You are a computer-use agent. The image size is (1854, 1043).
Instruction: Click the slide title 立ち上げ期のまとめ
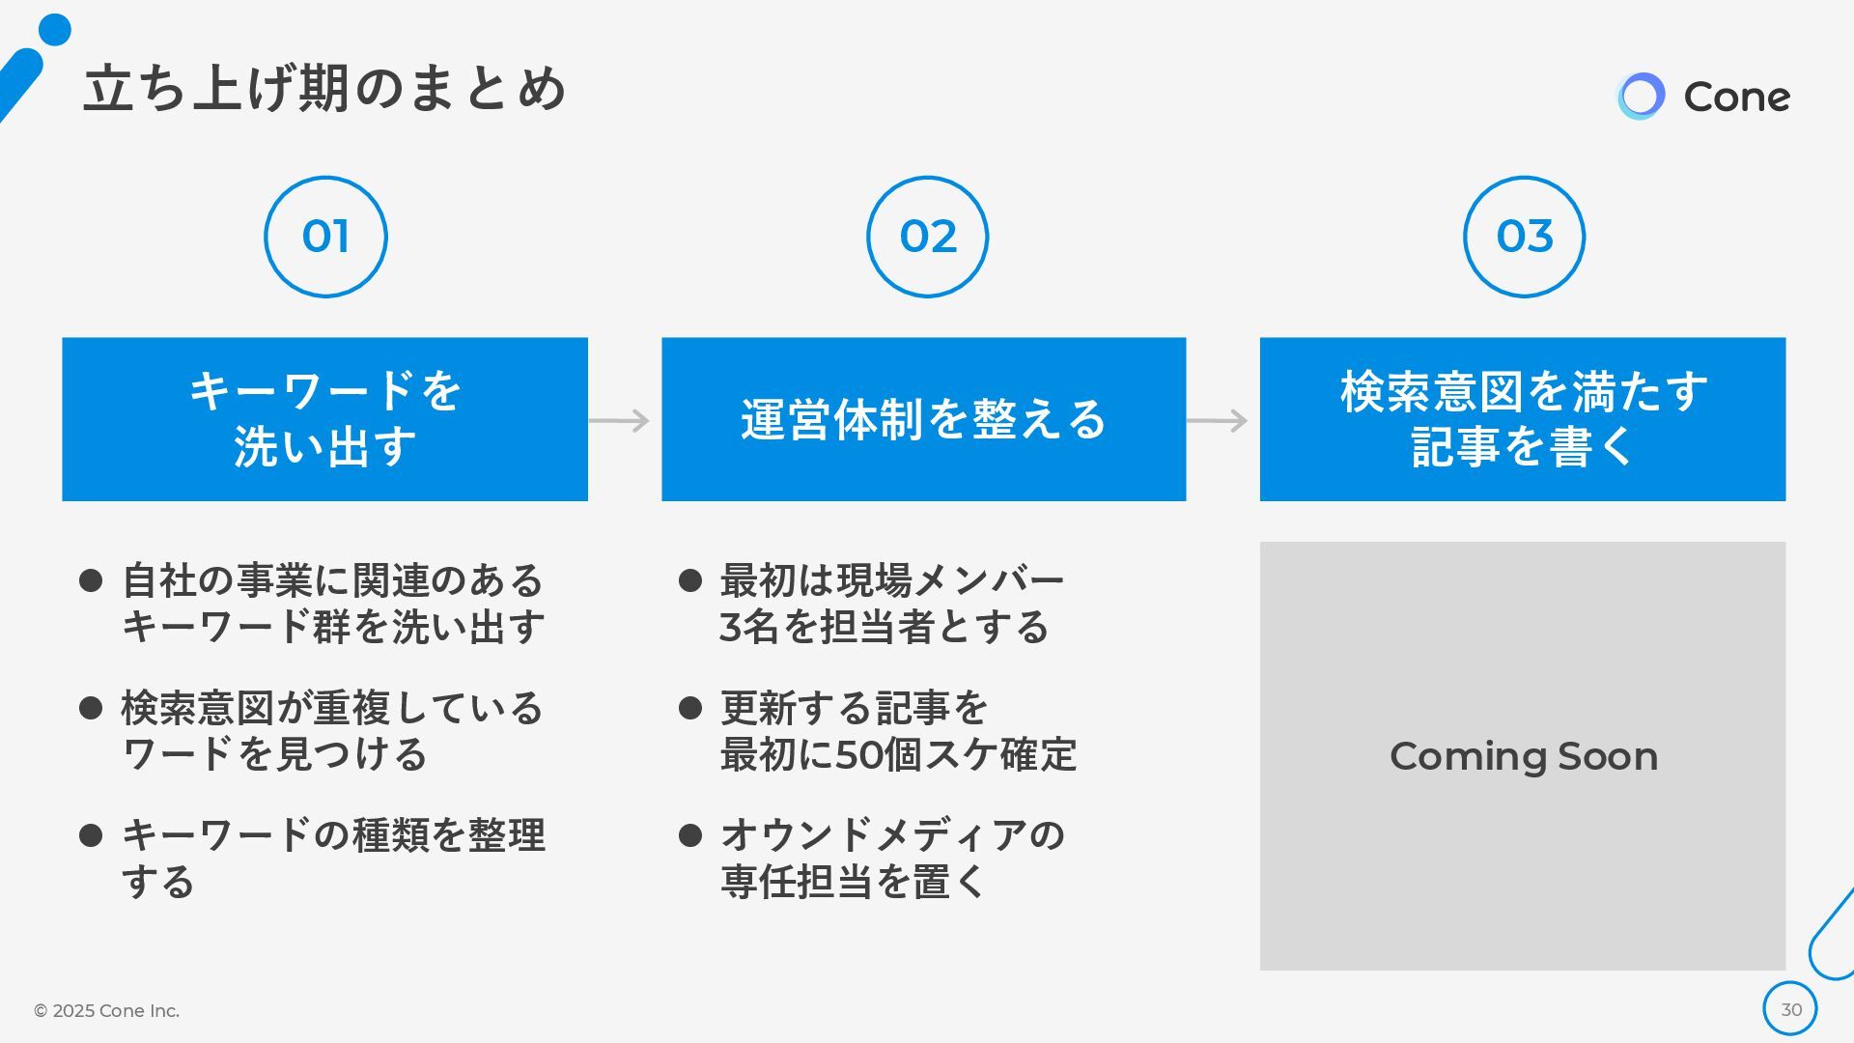click(x=324, y=89)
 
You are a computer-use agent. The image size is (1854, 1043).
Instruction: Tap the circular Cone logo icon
click(x=1641, y=97)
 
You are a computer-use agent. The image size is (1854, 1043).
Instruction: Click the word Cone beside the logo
click(x=1736, y=97)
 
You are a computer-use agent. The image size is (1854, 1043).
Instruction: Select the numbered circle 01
click(x=325, y=237)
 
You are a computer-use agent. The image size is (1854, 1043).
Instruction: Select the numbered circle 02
click(x=927, y=237)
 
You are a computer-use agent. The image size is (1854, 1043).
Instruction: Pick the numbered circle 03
click(x=1524, y=237)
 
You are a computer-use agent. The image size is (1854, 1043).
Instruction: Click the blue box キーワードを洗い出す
click(x=324, y=419)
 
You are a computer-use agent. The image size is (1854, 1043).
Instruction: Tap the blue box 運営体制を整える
click(x=923, y=419)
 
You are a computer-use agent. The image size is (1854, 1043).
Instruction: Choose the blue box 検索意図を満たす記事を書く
click(x=1522, y=419)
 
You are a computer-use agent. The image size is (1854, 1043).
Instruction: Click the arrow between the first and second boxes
click(x=620, y=420)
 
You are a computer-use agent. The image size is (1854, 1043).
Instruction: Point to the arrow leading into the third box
click(x=1218, y=420)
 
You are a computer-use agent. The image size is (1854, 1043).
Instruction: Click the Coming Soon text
click(x=1523, y=756)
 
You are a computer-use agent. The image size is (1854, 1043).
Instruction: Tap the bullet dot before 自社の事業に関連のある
click(x=91, y=580)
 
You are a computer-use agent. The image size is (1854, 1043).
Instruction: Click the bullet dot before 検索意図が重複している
click(x=91, y=708)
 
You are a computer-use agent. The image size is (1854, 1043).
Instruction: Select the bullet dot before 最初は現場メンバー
click(x=690, y=580)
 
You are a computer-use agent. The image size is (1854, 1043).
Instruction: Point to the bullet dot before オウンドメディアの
click(x=690, y=835)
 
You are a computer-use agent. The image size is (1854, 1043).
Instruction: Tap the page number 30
click(x=1790, y=1009)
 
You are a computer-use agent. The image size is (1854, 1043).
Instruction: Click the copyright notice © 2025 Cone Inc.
click(x=106, y=1010)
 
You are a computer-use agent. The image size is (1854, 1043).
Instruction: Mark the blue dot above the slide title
click(x=55, y=30)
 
